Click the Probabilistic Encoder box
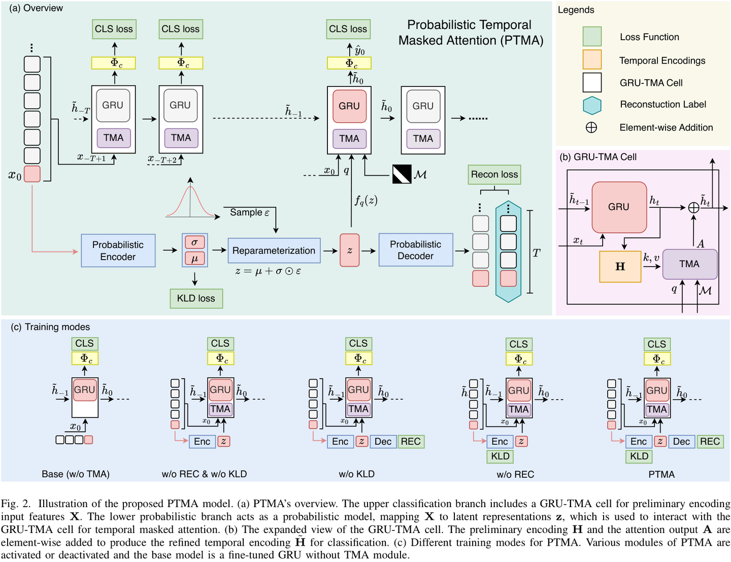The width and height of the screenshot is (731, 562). click(x=118, y=251)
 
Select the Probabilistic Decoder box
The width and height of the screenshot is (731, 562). click(x=415, y=250)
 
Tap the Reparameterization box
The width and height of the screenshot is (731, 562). click(x=274, y=251)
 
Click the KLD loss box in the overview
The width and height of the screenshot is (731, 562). click(x=196, y=298)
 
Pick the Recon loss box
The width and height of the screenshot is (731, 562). click(x=494, y=174)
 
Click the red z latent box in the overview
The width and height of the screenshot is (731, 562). click(x=349, y=250)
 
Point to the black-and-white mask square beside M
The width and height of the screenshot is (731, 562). click(x=402, y=174)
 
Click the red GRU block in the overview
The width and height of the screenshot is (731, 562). click(x=349, y=106)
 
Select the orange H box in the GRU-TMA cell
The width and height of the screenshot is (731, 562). click(x=620, y=267)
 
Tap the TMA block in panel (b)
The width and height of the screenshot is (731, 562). click(x=689, y=264)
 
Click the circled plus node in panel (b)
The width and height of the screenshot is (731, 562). click(x=693, y=207)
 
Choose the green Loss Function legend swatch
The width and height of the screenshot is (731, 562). click(x=592, y=37)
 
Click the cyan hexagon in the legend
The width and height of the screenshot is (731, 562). click(x=592, y=105)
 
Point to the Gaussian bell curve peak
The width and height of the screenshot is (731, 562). click(x=190, y=187)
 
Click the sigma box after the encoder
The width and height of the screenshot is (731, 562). click(x=194, y=242)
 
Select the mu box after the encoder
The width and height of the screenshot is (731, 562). click(x=194, y=259)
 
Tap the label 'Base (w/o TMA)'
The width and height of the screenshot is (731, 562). click(x=76, y=474)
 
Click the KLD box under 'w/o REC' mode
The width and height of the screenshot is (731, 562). click(x=500, y=456)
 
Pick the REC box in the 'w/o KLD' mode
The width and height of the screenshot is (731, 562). click(x=411, y=442)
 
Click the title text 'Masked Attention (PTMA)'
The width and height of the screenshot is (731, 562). click(x=471, y=41)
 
